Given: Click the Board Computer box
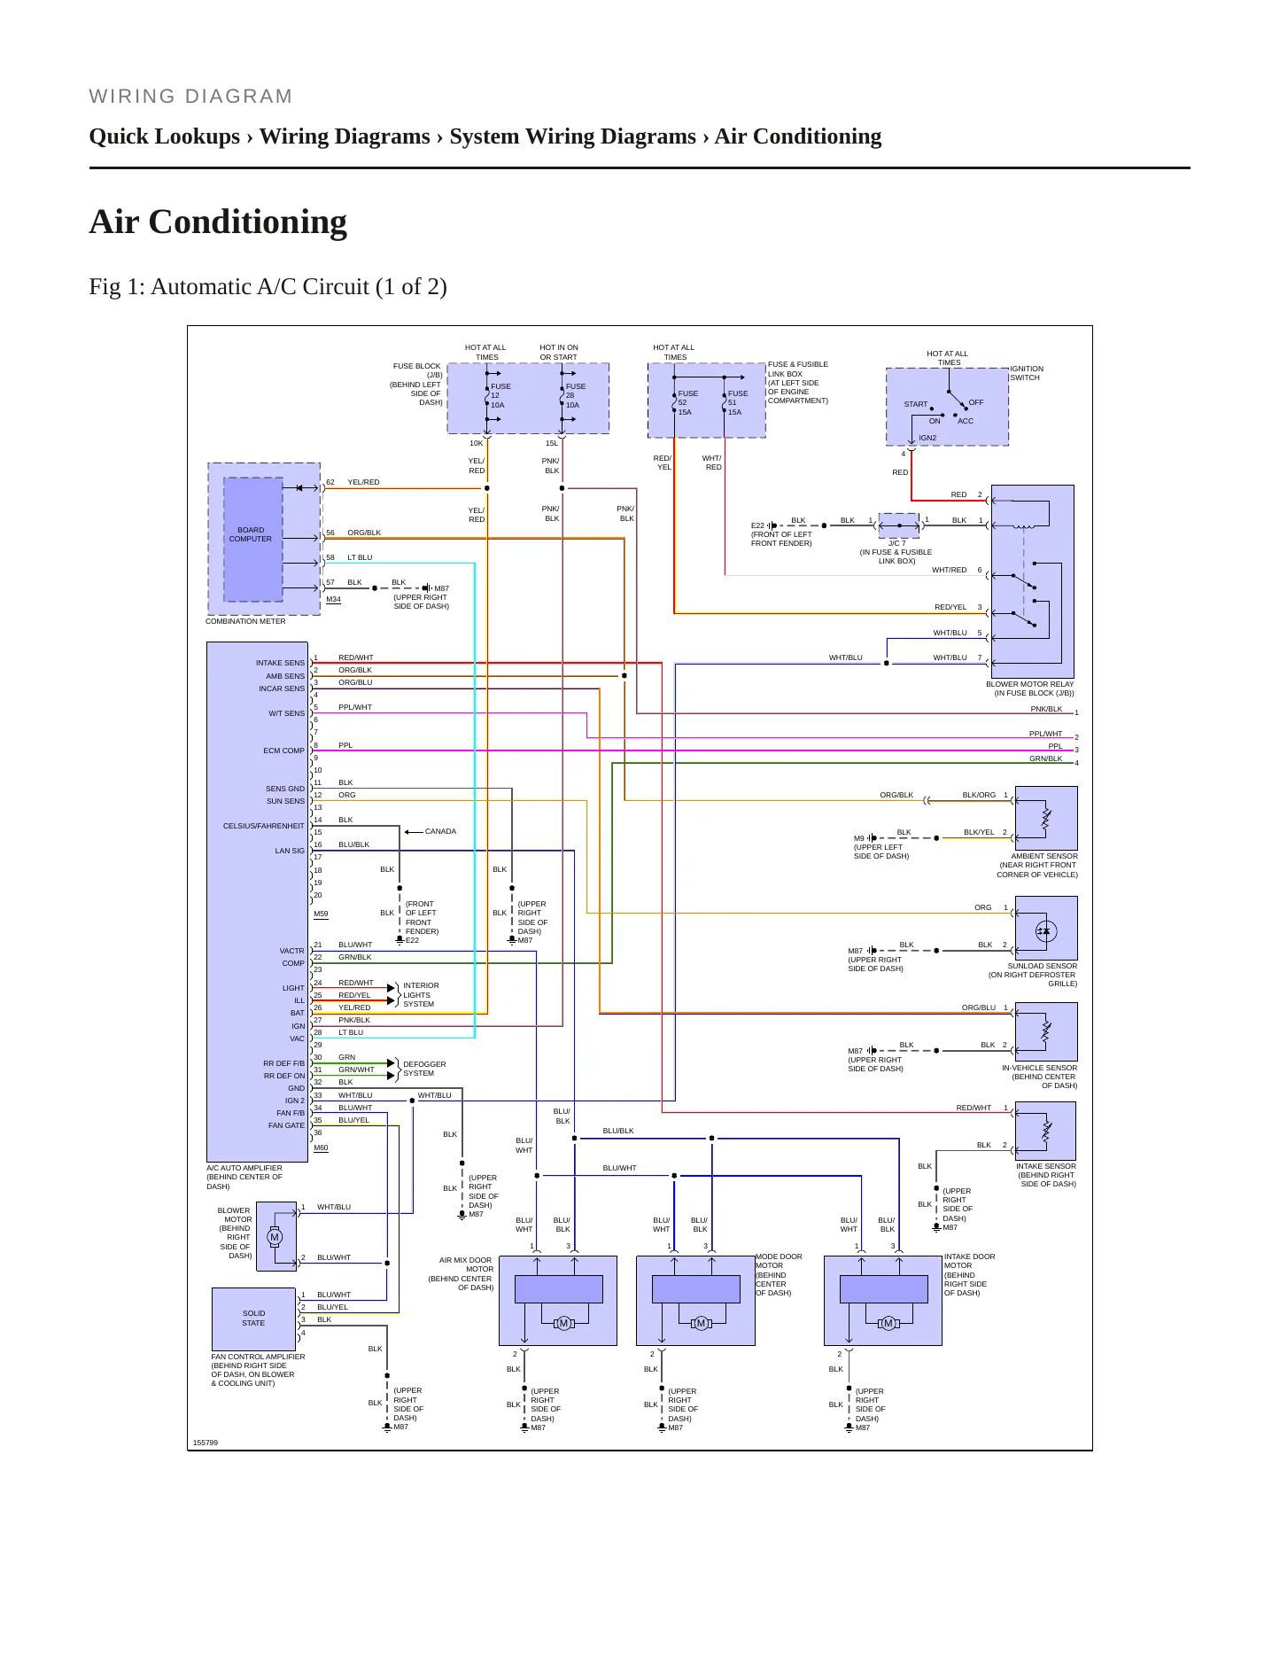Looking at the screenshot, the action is coord(252,539).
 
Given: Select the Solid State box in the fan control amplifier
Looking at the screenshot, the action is coord(253,1319).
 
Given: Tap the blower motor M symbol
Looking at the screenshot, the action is coord(275,1237).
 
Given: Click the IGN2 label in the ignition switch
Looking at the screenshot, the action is coord(927,438).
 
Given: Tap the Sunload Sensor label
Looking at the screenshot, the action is coord(1042,966).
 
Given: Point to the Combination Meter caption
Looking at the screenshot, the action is coord(245,621).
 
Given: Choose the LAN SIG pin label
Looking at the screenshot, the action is coord(290,851).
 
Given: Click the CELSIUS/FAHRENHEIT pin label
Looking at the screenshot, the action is coord(263,826).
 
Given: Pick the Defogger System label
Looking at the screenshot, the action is coord(424,1069).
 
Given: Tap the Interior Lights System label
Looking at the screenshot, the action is coord(421,995).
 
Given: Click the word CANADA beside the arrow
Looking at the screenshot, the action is coord(440,831).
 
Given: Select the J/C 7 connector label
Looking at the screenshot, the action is coord(897,543).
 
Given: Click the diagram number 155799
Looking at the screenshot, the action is coord(206,1443).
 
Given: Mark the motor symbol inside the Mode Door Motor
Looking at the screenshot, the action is coord(701,1323).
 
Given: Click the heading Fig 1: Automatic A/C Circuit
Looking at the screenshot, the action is coord(268,287).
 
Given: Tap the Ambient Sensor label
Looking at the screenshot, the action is coord(1043,856).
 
